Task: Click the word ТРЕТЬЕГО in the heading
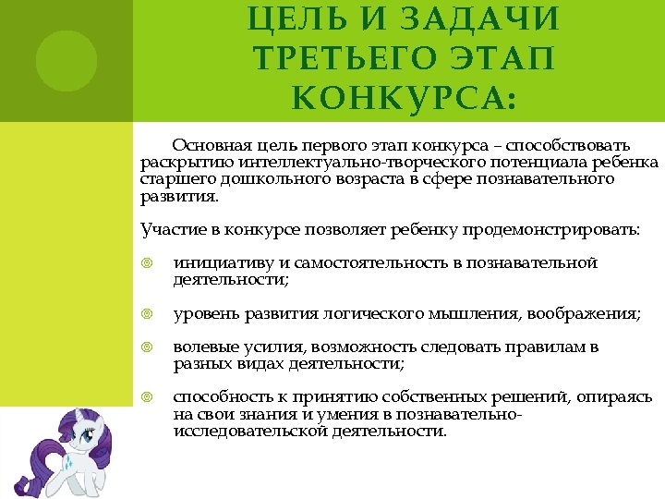(x=322, y=60)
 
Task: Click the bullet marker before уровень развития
(x=147, y=314)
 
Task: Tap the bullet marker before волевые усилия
(x=147, y=348)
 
